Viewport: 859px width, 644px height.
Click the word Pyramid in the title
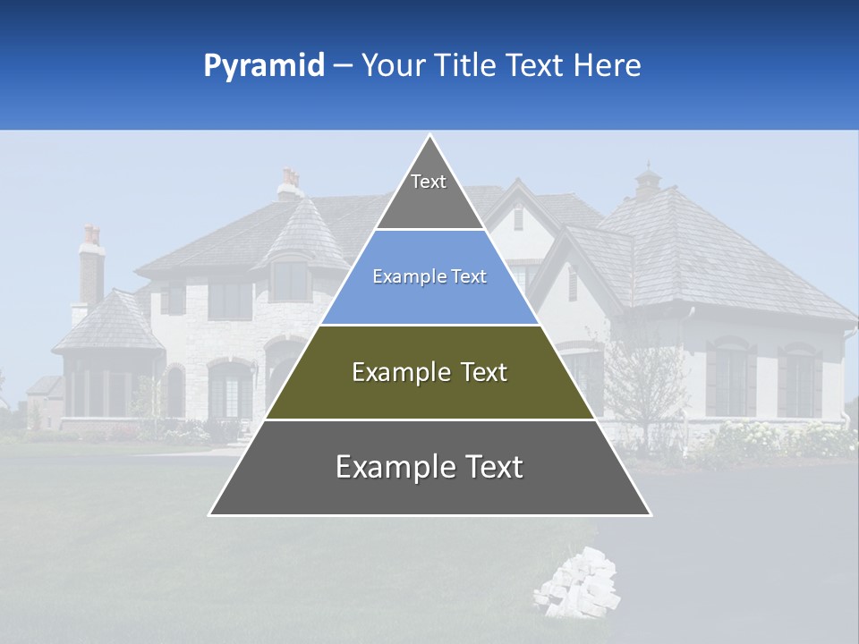point(263,66)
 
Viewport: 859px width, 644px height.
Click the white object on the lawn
point(576,584)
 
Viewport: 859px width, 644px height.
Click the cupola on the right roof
point(648,182)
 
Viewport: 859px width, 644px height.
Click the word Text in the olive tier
point(482,372)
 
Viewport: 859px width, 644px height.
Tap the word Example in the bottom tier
point(395,468)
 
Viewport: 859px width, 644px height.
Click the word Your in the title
point(392,65)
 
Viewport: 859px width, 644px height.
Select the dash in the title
point(343,66)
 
